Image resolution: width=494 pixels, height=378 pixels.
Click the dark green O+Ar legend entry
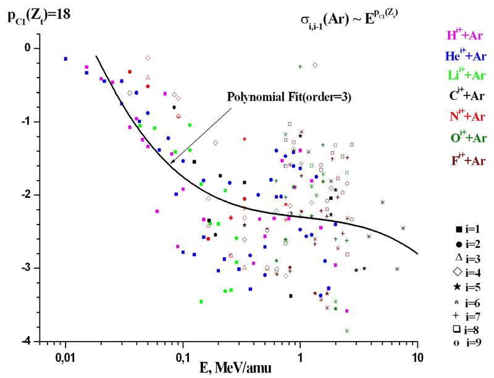coord(464,137)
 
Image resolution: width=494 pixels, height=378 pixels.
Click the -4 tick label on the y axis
coord(27,341)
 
